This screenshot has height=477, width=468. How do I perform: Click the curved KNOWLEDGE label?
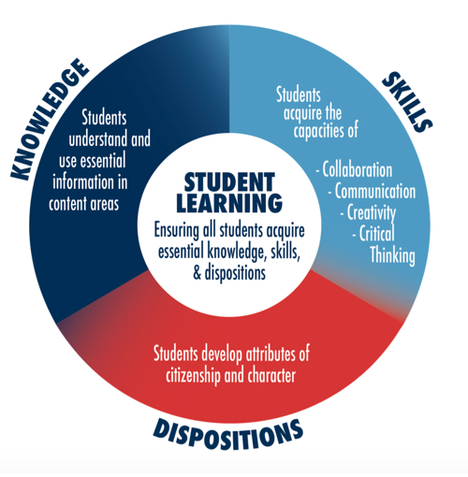point(50,120)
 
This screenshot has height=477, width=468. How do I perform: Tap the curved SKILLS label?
point(407,101)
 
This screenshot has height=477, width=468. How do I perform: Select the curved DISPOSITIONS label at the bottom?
point(227,434)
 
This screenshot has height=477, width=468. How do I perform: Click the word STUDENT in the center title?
point(229,182)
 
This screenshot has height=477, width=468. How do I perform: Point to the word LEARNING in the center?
point(229,203)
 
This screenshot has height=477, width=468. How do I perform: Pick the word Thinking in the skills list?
point(392,255)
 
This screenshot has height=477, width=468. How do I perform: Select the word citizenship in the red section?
point(193,376)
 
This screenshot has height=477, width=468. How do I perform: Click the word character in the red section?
point(271,375)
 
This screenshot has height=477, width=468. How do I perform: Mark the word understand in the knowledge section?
point(98,139)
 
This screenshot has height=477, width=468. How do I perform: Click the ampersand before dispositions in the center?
point(197,273)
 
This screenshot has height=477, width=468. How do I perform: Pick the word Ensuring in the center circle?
point(177,231)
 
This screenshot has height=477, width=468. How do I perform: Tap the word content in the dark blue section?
point(67,204)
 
